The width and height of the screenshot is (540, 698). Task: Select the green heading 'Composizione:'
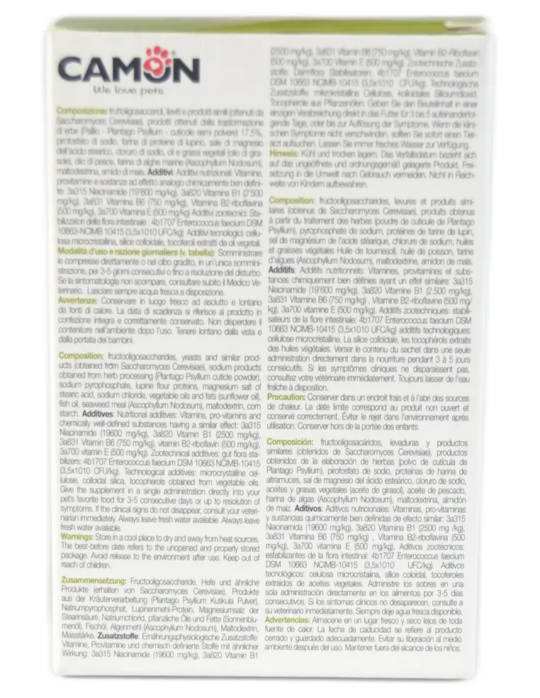pyautogui.click(x=81, y=111)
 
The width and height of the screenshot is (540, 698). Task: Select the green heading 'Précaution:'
pyautogui.click(x=296, y=399)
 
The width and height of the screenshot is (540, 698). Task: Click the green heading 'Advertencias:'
pyautogui.click(x=298, y=619)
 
